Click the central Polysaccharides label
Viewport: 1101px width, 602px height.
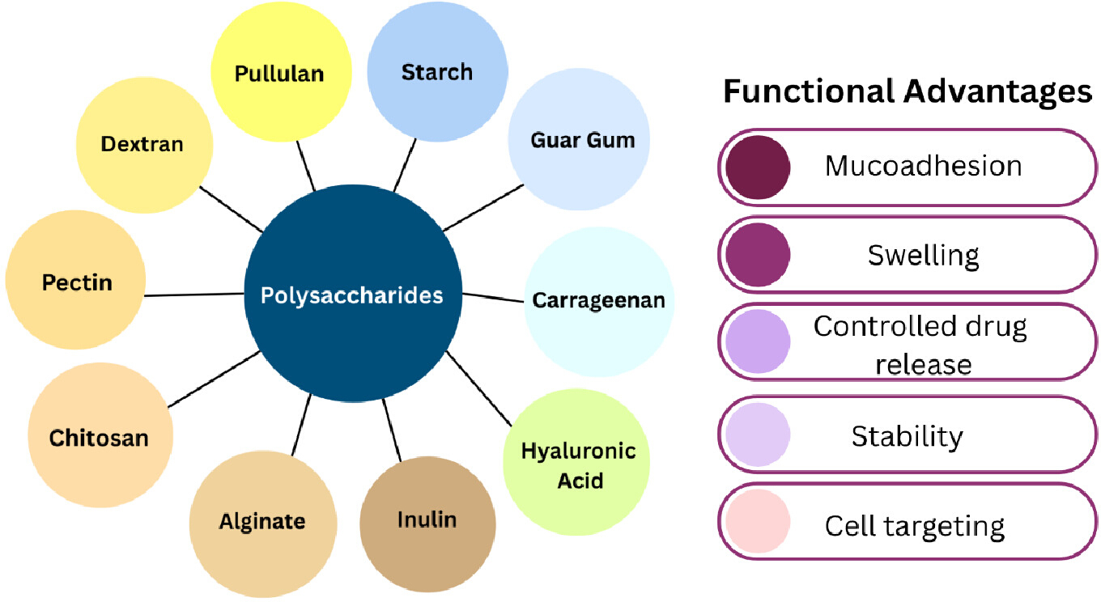(352, 295)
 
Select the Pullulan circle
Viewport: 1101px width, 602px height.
(281, 72)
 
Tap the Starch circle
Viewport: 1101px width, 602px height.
(437, 72)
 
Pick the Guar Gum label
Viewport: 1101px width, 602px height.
(582, 140)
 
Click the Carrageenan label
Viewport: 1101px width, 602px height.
(599, 300)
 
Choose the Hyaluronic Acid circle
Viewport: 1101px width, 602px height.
(576, 462)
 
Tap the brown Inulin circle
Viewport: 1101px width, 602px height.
(427, 524)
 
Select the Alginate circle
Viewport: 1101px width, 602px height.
(263, 524)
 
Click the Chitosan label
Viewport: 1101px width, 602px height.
(99, 438)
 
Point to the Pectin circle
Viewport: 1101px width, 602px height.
(76, 280)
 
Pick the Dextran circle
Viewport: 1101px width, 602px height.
(144, 145)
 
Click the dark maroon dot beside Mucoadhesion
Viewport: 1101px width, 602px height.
(758, 167)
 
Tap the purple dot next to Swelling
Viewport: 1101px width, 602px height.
(758, 255)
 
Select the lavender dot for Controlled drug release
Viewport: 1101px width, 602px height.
(758, 341)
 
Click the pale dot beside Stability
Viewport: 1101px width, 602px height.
(758, 435)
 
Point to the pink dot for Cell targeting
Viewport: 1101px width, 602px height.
(758, 521)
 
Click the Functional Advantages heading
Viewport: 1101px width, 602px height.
(908, 92)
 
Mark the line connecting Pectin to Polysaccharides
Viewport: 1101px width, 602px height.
(194, 295)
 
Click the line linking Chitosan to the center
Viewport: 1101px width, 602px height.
(215, 379)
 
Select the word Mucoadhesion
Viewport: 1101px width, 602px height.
(923, 166)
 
